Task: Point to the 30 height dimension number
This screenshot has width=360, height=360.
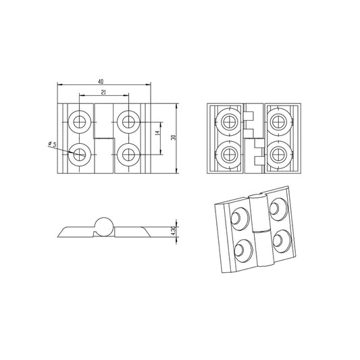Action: click(174, 137)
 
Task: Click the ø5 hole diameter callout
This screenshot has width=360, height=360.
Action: click(50, 145)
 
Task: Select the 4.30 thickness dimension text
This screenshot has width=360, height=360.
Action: click(174, 230)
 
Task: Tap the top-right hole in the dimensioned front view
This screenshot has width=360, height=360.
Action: click(128, 122)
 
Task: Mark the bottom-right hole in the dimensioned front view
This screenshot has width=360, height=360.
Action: click(128, 154)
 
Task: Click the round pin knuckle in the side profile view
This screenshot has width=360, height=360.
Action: click(103, 226)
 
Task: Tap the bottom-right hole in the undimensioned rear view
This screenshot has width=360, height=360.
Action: click(277, 153)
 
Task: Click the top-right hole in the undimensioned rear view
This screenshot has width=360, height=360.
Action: click(277, 122)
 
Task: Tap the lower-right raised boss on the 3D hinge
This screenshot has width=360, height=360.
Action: click(283, 238)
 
